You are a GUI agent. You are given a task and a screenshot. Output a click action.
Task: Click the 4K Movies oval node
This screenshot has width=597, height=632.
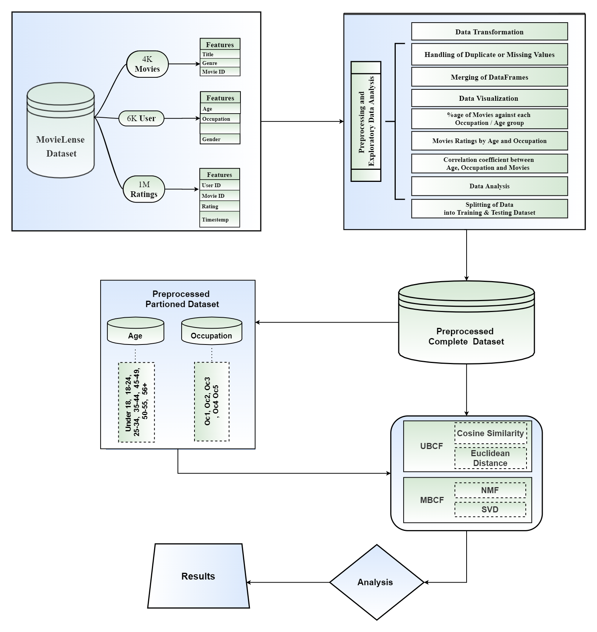pyautogui.click(x=147, y=65)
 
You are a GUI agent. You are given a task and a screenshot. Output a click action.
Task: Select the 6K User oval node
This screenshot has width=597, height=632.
pyautogui.click(x=141, y=118)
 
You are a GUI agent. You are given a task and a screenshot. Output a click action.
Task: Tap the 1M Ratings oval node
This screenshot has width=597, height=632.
pyautogui.click(x=144, y=189)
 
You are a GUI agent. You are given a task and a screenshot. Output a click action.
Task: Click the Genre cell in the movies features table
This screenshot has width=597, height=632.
pyautogui.click(x=220, y=63)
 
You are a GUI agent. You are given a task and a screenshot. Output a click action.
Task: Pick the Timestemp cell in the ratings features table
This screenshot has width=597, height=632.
pyautogui.click(x=219, y=220)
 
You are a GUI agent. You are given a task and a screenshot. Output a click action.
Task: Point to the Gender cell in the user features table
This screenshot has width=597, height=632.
pyautogui.click(x=220, y=139)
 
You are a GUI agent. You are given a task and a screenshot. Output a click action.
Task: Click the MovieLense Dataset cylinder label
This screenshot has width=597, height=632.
pyautogui.click(x=61, y=146)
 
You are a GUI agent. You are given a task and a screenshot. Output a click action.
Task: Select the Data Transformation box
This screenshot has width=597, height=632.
pyautogui.click(x=489, y=32)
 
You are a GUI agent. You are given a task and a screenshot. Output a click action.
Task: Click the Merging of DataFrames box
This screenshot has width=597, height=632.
pyautogui.click(x=489, y=77)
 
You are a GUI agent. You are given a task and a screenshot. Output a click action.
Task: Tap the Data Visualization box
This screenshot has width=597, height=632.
pyautogui.click(x=489, y=98)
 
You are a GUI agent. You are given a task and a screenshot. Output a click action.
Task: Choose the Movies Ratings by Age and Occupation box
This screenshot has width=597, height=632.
pyautogui.click(x=489, y=141)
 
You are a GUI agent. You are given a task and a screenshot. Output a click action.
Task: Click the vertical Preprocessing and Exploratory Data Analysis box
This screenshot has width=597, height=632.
pyautogui.click(x=366, y=121)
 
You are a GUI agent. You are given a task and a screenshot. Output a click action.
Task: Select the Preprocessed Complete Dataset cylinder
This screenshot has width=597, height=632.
pyautogui.click(x=466, y=328)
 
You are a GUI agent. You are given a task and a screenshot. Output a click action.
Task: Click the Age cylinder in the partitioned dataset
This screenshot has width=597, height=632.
pyautogui.click(x=135, y=332)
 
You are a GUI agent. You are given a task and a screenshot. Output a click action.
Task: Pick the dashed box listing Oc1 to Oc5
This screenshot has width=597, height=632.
pyautogui.click(x=212, y=401)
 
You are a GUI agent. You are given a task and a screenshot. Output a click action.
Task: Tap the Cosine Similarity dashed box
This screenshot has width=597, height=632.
pyautogui.click(x=490, y=433)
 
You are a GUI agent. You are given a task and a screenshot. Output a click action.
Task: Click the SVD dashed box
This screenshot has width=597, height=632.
pyautogui.click(x=490, y=509)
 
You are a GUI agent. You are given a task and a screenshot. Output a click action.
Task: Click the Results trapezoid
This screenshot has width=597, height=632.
pyautogui.click(x=198, y=576)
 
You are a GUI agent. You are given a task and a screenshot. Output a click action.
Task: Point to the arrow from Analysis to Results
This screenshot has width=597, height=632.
pyautogui.click(x=288, y=582)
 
